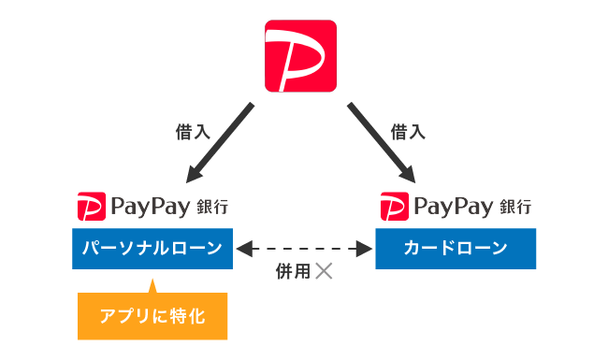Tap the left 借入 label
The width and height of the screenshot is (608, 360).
click(194, 132)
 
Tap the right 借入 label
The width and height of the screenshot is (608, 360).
click(408, 132)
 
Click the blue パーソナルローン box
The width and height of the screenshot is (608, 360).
click(152, 248)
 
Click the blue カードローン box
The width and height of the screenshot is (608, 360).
click(456, 248)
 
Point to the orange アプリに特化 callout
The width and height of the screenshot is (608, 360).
click(152, 317)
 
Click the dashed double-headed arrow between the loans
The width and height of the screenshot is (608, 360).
click(304, 249)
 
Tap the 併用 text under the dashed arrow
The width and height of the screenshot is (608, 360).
click(290, 272)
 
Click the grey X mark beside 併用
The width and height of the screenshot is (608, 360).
click(324, 272)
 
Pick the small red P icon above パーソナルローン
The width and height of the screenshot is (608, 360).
click(90, 206)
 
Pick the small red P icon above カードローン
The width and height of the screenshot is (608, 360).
click(394, 206)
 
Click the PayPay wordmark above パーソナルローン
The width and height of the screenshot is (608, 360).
click(149, 206)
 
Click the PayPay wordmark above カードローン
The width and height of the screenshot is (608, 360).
click(453, 206)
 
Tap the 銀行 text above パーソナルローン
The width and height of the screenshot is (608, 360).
click(212, 206)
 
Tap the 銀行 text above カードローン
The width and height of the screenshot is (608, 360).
click(516, 206)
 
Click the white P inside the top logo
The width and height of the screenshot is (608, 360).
click(298, 57)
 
